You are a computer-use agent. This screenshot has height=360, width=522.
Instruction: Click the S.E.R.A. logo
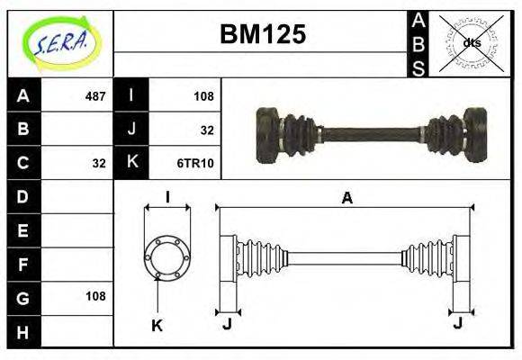[x=59, y=42]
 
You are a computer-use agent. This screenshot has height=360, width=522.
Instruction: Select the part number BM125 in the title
[x=263, y=34]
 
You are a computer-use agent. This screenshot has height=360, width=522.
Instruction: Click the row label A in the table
[x=23, y=95]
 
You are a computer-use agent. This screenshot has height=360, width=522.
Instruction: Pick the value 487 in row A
[x=94, y=95]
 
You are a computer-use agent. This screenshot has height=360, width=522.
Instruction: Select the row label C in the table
[x=23, y=163]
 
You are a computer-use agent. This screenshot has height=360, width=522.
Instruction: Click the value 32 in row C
[x=99, y=163]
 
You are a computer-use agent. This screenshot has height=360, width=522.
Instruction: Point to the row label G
[x=23, y=296]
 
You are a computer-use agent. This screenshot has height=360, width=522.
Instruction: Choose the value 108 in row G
[x=94, y=296]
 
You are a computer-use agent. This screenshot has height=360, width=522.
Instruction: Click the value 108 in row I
[x=203, y=95]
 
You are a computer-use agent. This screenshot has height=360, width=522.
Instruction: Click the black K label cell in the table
[x=131, y=163]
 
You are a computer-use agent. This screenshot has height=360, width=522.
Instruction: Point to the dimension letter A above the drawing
[x=346, y=199]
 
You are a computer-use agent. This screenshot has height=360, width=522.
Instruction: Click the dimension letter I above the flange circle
[x=167, y=198]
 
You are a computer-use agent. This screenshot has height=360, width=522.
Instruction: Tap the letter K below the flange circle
[x=157, y=326]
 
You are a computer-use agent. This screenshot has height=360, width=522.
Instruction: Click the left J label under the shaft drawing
[x=227, y=322]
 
